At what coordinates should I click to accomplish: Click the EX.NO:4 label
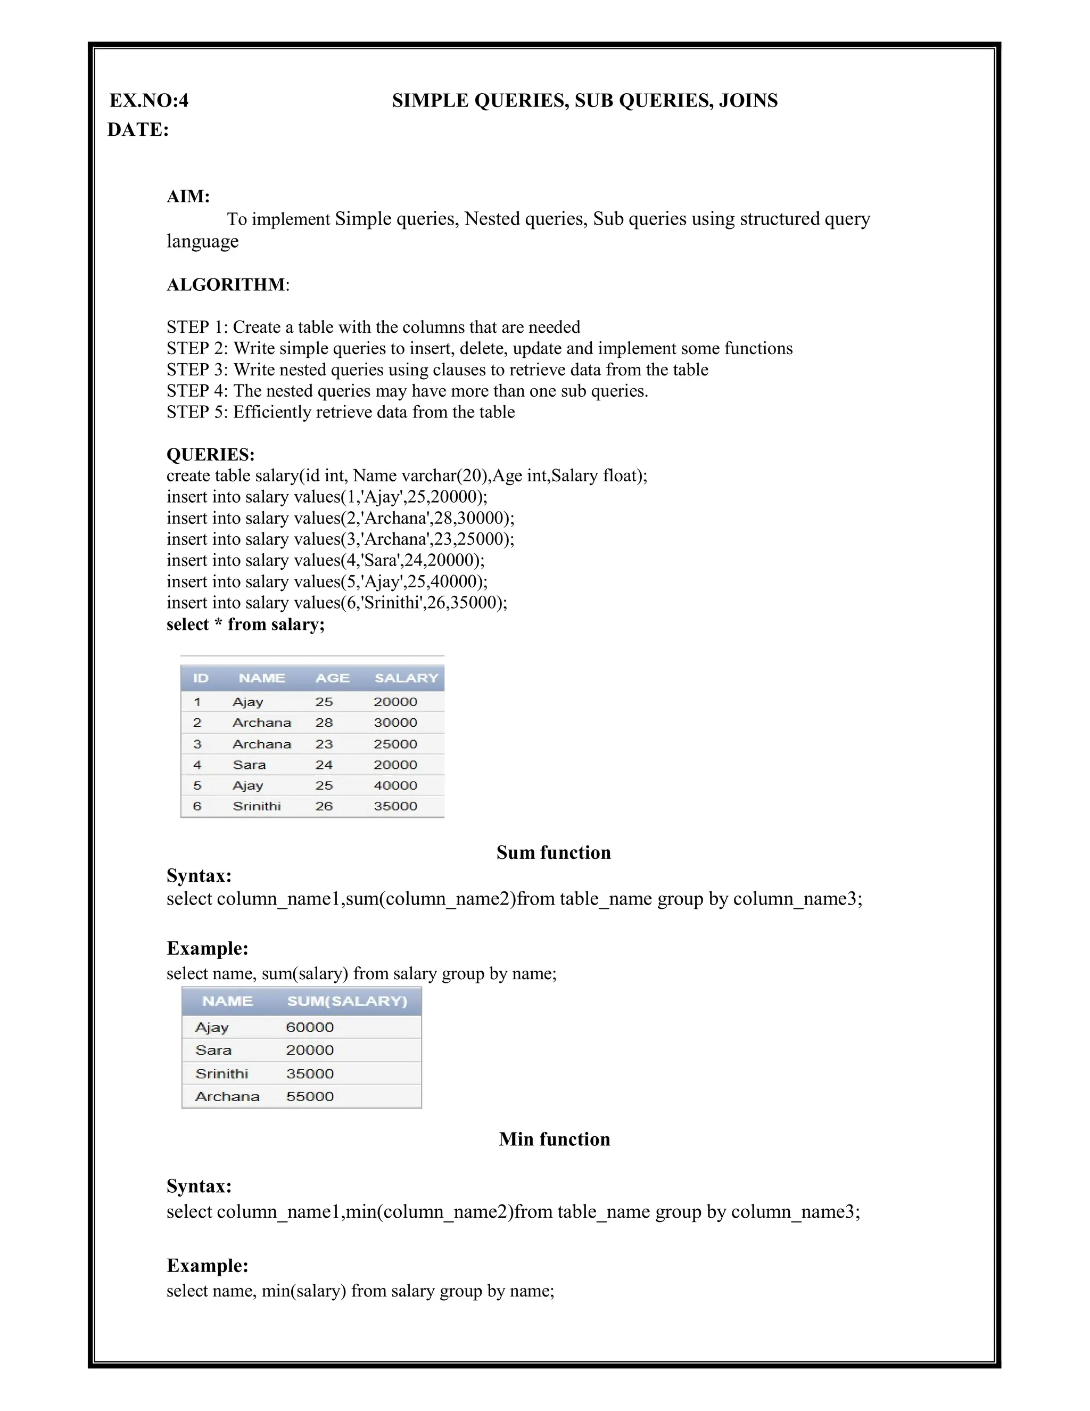point(148,101)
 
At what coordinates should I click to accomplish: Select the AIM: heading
point(188,196)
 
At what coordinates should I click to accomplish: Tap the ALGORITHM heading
point(226,285)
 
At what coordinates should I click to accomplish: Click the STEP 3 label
point(197,370)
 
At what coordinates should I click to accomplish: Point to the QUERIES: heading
point(211,454)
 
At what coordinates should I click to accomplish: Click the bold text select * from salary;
point(245,625)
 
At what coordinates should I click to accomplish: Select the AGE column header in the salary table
point(332,678)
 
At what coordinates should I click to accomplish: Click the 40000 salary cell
point(395,785)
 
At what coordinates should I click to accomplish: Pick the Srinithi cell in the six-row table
point(257,806)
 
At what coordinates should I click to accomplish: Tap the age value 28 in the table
point(324,723)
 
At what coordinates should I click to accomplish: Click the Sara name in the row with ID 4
point(249,765)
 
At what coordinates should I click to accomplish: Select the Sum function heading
point(554,853)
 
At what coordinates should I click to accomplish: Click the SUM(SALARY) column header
point(347,1002)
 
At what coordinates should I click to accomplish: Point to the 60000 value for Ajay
point(310,1028)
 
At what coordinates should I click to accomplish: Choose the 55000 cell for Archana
point(310,1097)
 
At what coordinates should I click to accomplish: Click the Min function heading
point(554,1139)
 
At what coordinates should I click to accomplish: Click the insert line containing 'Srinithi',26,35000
point(336,603)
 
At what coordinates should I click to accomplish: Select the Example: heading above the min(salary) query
point(207,1266)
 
